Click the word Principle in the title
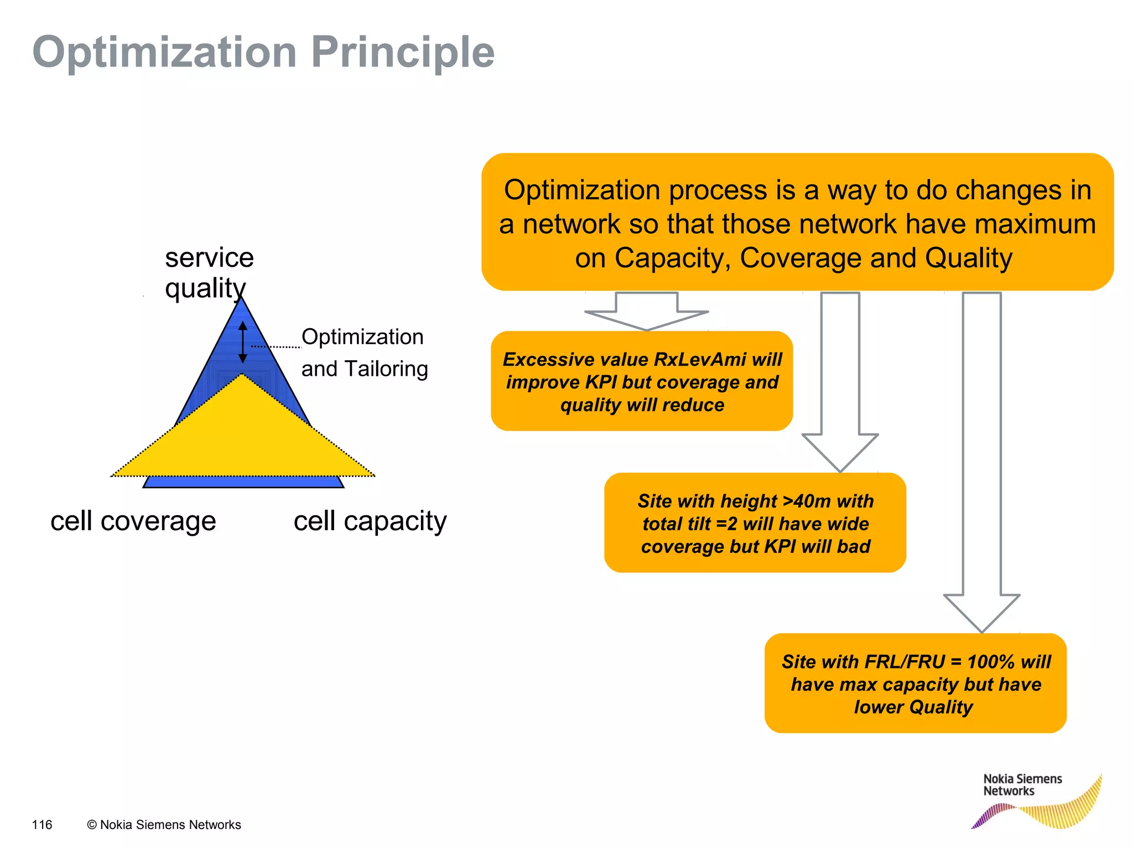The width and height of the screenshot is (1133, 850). click(x=402, y=53)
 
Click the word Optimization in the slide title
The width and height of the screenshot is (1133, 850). click(x=165, y=53)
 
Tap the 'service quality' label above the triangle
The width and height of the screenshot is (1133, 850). click(x=209, y=273)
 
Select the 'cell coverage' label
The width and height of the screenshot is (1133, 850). click(x=133, y=521)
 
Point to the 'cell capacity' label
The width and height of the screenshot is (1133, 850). click(x=370, y=521)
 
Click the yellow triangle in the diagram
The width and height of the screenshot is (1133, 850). click(x=242, y=437)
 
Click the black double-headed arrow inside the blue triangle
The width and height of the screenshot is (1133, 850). click(x=242, y=342)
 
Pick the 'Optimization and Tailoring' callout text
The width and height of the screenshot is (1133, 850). click(x=363, y=353)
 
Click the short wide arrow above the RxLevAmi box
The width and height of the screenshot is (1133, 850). click(x=646, y=313)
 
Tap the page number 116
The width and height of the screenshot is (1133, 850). click(x=42, y=825)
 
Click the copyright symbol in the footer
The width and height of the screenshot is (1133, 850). click(x=92, y=825)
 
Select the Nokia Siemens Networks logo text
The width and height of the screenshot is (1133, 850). click(x=1022, y=785)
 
